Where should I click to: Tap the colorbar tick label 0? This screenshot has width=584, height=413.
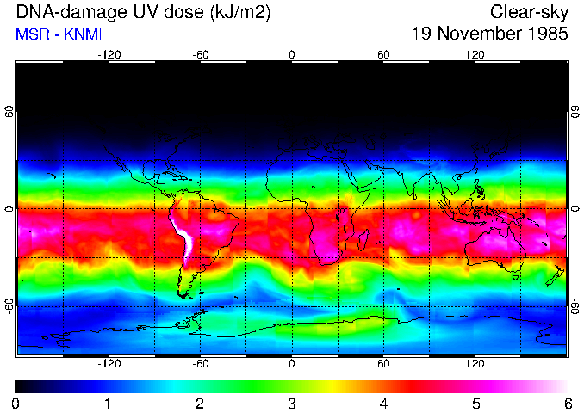tap(16, 403)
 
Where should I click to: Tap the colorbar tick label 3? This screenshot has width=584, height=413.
tap(291, 403)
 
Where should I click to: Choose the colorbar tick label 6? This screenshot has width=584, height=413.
tap(567, 403)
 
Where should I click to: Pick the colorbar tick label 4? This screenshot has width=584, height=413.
tap(383, 403)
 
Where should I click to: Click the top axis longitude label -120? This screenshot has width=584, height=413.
tap(109, 54)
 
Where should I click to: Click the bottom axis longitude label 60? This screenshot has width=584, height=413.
tap(383, 364)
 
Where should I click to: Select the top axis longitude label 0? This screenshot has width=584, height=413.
tap(291, 54)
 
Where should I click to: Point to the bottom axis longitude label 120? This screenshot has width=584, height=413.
tap(475, 364)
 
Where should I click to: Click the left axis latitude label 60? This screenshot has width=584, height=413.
tap(9, 113)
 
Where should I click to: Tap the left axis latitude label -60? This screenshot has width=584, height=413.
tap(9, 305)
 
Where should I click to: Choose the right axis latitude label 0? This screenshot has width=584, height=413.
tap(575, 209)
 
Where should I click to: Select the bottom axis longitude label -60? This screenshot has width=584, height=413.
tap(200, 364)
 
